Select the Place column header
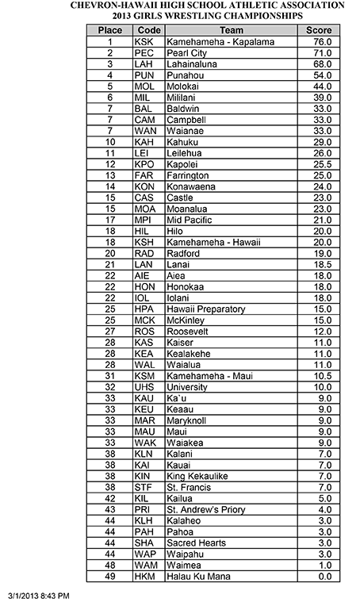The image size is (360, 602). (x=109, y=29)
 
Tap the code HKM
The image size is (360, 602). (x=145, y=577)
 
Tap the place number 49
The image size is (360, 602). (x=109, y=577)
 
